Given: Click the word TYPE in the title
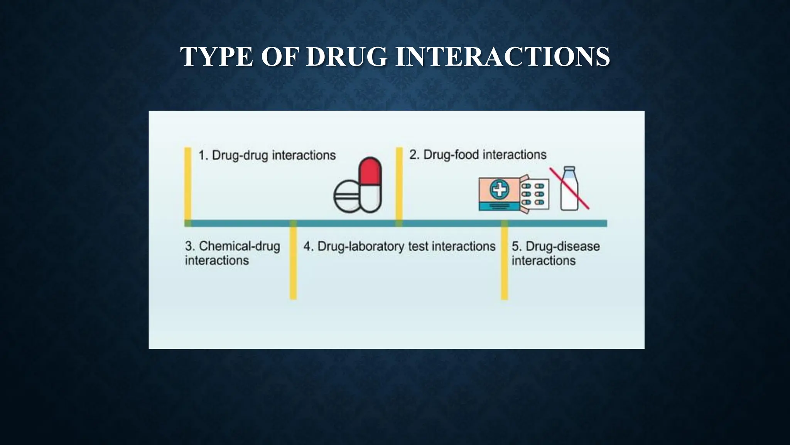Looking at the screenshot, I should (x=216, y=57).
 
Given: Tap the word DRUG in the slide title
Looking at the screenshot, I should (x=347, y=57).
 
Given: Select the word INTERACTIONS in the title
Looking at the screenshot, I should (x=503, y=57).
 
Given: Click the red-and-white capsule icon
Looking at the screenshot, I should (x=370, y=185).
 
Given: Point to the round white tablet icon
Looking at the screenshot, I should (x=347, y=196).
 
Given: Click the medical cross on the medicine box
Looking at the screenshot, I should (x=499, y=190).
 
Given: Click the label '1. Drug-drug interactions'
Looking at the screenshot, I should (x=267, y=155).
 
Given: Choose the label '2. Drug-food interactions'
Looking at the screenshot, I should (x=478, y=155).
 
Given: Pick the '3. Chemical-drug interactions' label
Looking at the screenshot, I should (x=232, y=253).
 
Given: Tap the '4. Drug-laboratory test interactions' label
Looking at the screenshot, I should (x=399, y=246).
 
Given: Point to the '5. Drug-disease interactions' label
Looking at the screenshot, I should (x=555, y=253).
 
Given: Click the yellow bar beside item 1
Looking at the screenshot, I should (x=188, y=183).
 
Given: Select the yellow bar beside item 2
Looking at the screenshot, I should (x=399, y=183).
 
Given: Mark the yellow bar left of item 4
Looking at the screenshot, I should (x=293, y=263).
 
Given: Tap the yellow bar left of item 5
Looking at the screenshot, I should (x=504, y=263).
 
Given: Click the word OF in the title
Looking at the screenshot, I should (x=280, y=57).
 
